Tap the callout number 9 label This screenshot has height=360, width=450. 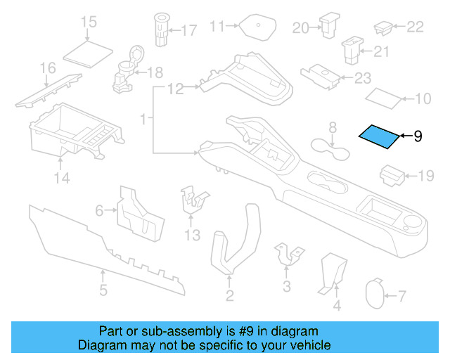click(x=418, y=136)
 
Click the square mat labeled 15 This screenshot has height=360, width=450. click(x=88, y=51)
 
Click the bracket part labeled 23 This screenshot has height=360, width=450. click(x=321, y=75)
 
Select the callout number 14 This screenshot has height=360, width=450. click(x=63, y=179)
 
